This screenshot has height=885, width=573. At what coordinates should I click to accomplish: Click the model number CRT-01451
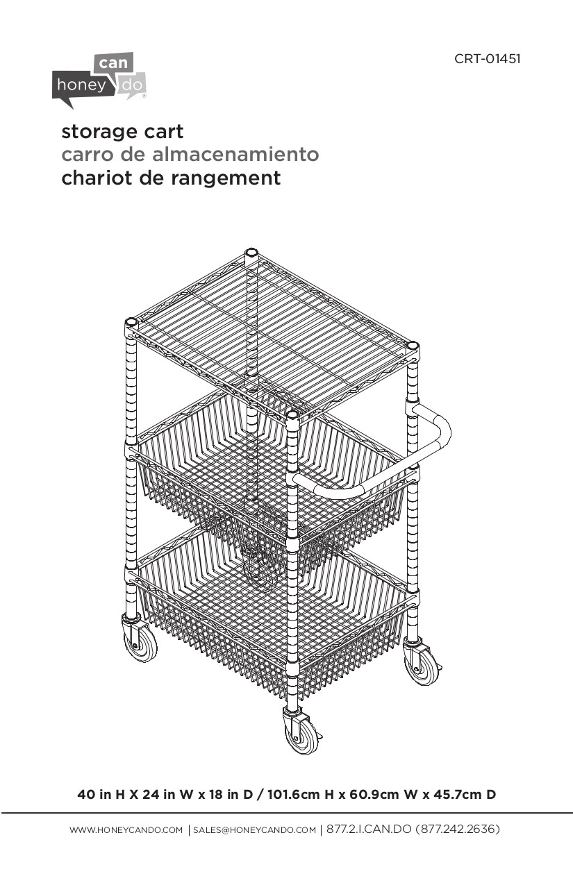click(487, 58)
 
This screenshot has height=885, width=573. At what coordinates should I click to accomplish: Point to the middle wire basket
click(271, 479)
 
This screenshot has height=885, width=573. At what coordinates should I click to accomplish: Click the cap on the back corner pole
click(251, 253)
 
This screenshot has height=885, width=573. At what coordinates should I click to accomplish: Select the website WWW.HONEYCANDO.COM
click(126, 830)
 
